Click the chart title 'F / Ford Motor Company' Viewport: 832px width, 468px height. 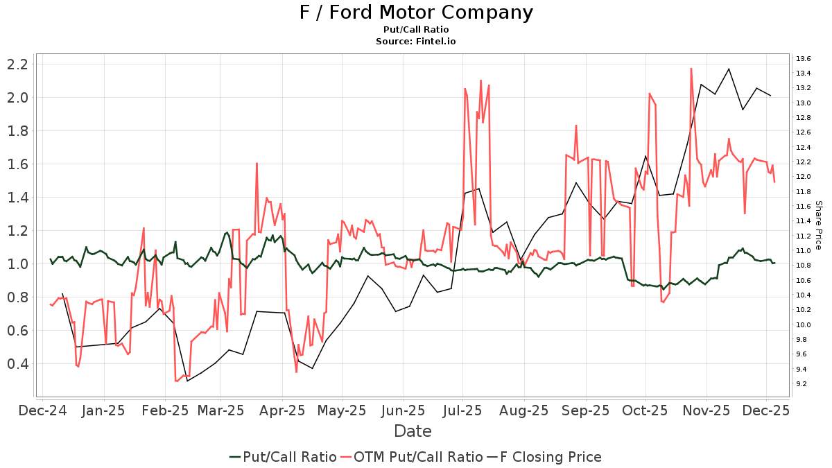(416, 12)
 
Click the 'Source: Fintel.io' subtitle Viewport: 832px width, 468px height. (416, 42)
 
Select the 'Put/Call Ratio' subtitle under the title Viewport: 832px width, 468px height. (416, 30)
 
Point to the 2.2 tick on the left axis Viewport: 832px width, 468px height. (17, 64)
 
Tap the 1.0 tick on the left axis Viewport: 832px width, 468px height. (17, 264)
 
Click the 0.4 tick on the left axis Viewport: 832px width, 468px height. (17, 364)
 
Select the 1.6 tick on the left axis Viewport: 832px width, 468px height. (17, 164)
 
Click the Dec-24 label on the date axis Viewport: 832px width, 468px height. (43, 410)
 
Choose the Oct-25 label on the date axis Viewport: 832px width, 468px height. (645, 410)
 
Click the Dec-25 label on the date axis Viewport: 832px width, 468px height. (767, 410)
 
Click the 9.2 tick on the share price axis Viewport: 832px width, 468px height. (804, 383)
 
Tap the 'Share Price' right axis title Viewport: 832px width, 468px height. (818, 225)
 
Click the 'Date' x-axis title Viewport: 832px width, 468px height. (413, 431)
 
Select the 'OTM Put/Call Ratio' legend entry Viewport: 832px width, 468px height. (419, 457)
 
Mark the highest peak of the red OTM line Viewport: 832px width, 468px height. (691, 68)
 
